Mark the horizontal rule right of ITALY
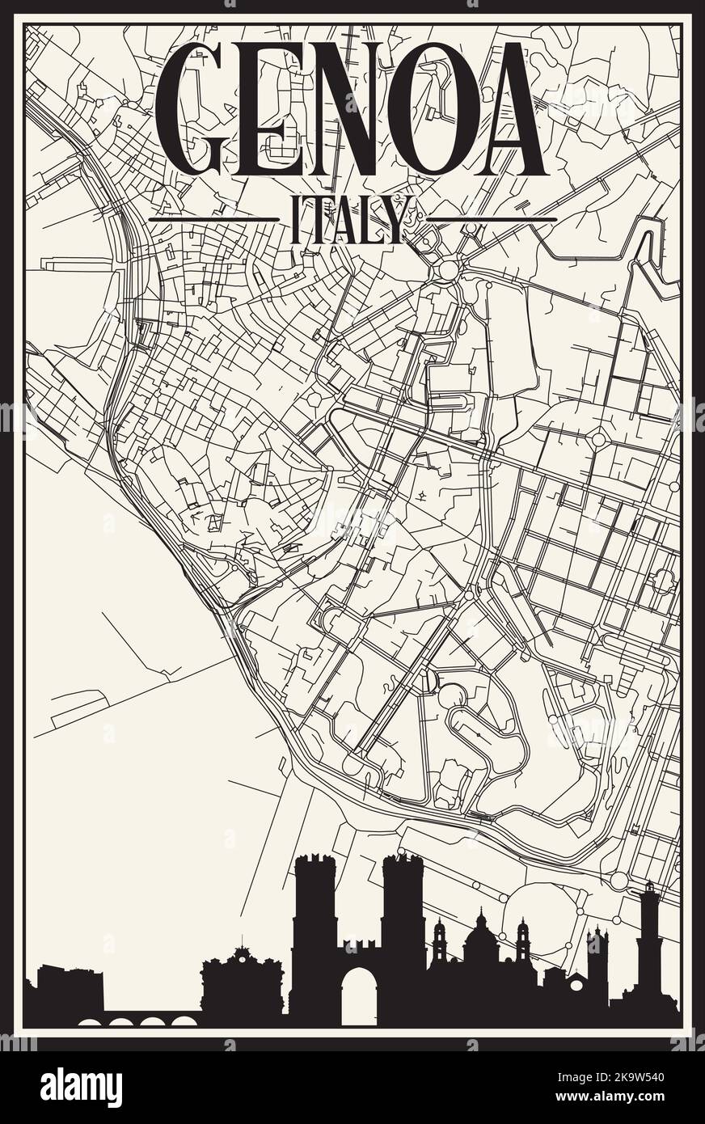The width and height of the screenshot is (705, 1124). point(491,219)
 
